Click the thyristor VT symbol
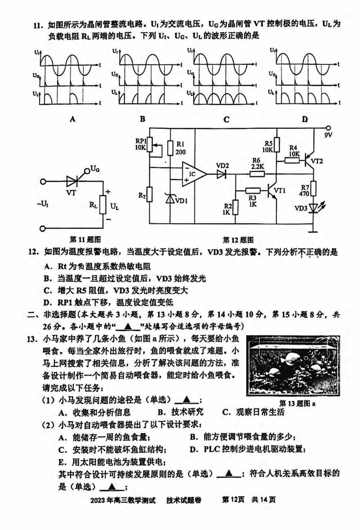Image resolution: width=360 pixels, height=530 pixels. pos(72,181)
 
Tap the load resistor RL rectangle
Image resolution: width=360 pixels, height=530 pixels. pos(103,205)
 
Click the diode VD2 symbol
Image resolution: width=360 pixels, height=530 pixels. pos(221,174)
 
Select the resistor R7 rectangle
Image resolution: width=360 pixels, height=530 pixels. pos(314,188)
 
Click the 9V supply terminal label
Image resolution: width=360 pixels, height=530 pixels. pos(328,135)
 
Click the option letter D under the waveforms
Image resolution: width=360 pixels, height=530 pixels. pos(305,119)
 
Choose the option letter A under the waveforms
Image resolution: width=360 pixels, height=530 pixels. pos(73,119)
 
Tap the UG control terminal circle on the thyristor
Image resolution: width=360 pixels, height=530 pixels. pos(87,171)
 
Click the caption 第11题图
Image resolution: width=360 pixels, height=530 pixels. pos(85,240)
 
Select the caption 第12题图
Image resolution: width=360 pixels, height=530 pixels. pos(238,240)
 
